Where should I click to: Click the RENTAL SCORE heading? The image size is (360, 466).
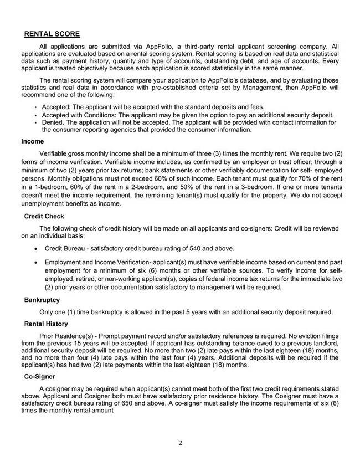point(52,34)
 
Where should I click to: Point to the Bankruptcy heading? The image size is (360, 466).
point(43,300)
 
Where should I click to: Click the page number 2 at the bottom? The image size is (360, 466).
point(180,442)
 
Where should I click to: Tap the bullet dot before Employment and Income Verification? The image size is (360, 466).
point(36,261)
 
